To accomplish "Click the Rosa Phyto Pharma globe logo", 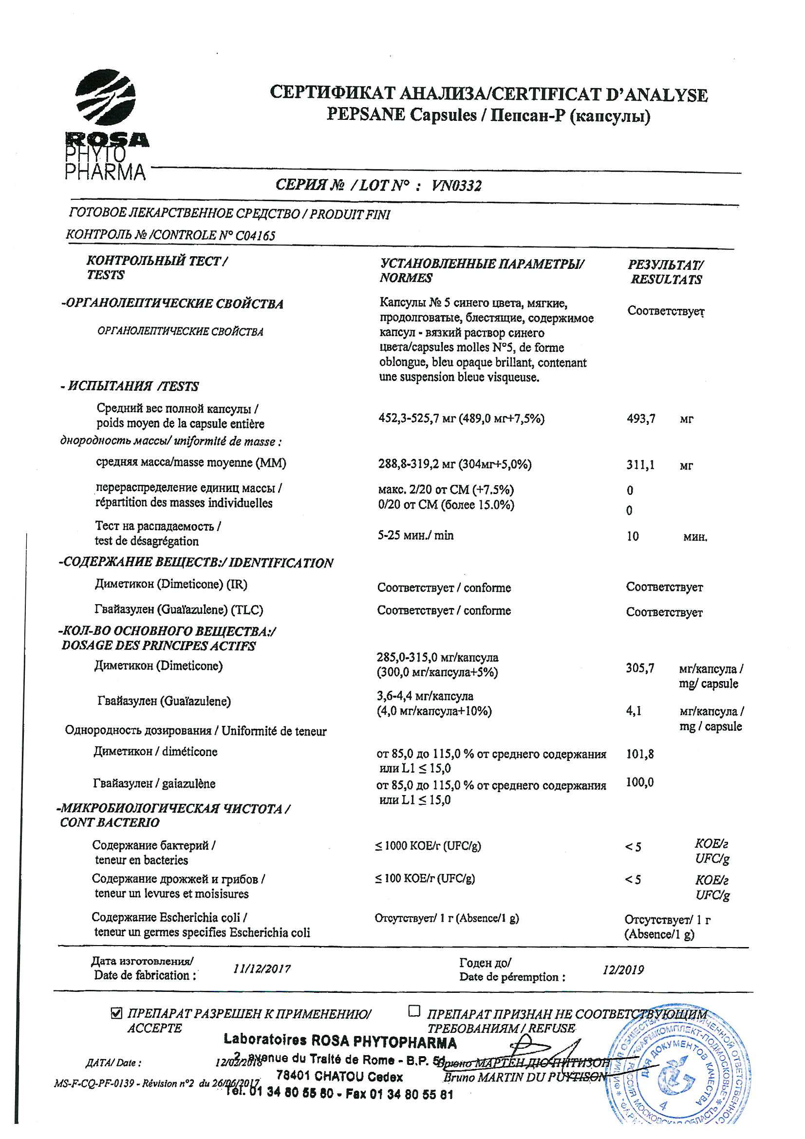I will click(105, 98).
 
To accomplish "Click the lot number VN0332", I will click(456, 186).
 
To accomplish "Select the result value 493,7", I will click(641, 419).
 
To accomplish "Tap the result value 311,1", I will click(640, 465).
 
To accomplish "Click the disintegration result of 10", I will click(633, 536).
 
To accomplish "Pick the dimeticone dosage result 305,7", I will click(640, 668).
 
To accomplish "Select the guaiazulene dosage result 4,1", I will click(634, 711).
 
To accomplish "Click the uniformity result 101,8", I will click(640, 755).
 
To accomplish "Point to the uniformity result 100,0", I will click(640, 782).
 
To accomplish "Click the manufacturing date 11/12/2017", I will click(262, 968).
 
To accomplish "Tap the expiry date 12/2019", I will click(623, 969).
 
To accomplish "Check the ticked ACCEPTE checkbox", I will click(116, 1013).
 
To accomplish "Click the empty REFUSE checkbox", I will click(413, 1010).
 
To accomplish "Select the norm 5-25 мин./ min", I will click(415, 535).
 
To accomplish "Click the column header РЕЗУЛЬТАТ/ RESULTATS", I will click(666, 272).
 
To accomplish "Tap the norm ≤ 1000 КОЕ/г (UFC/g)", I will click(428, 846).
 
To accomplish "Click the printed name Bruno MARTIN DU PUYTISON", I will click(525, 1077).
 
